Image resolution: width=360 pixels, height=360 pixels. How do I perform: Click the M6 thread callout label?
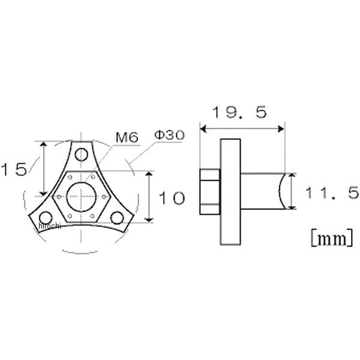click(127, 137)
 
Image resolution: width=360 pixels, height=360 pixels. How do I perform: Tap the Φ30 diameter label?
click(169, 135)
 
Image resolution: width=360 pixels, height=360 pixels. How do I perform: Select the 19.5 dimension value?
click(240, 112)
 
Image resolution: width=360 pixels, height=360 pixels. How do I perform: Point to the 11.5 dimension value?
click(332, 193)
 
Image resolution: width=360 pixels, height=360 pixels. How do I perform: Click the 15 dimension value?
click(14, 169)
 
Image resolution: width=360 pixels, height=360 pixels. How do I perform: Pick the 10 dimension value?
click(172, 198)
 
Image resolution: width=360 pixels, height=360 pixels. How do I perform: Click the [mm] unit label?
click(332, 238)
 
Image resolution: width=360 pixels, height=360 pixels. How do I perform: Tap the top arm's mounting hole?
click(82, 155)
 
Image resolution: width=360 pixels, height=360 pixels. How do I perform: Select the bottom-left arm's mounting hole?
click(46, 217)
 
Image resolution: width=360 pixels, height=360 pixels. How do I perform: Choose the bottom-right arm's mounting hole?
click(117, 218)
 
